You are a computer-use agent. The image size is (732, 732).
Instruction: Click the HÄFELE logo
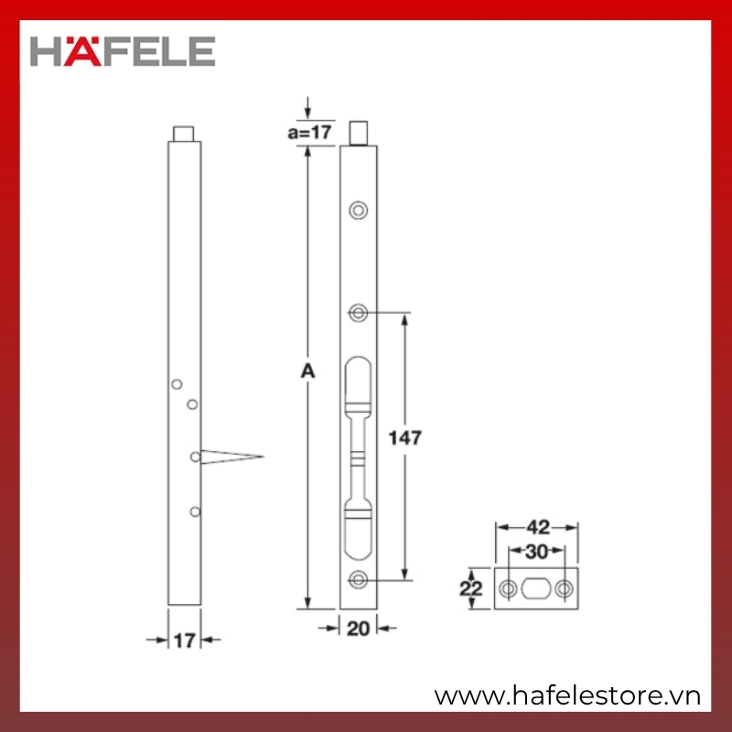tap(123, 51)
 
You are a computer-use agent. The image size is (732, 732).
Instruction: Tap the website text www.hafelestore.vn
tap(567, 696)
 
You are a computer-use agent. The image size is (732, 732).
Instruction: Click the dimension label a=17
tap(309, 132)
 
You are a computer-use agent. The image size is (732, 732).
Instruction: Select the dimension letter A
tap(307, 371)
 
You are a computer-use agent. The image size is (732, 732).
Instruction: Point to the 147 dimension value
tap(404, 438)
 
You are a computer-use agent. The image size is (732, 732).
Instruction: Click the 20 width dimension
tap(358, 629)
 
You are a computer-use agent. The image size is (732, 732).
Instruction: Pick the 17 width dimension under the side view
tap(185, 640)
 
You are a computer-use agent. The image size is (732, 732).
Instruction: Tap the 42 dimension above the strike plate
tap(538, 528)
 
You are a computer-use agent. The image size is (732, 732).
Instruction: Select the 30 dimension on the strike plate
tap(536, 552)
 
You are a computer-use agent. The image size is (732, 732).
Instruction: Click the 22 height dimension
tap(470, 588)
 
